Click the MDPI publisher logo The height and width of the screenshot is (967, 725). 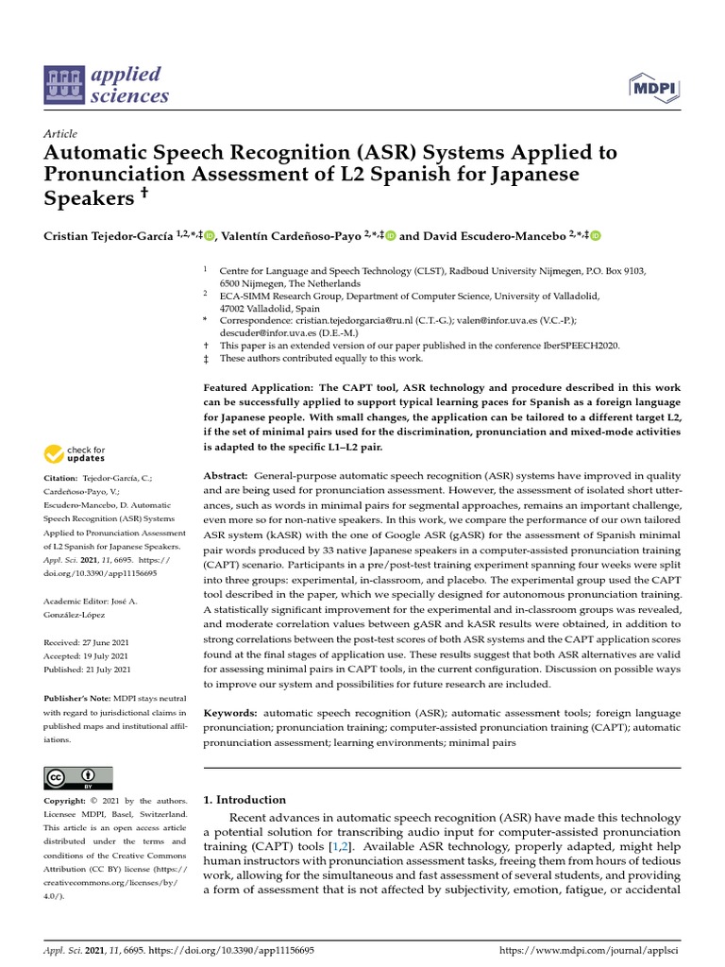[654, 89]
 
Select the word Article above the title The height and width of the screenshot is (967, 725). [60, 134]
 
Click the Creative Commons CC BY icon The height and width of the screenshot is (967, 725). [77, 777]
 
